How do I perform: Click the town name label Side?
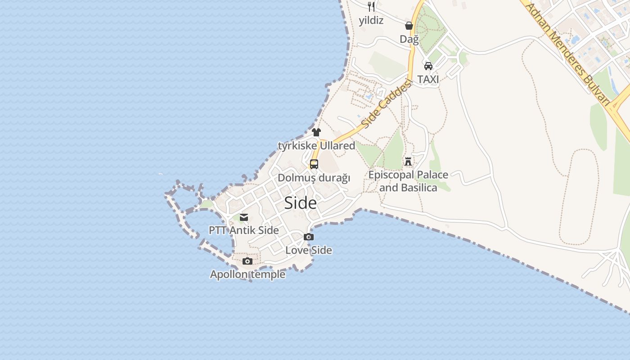300,203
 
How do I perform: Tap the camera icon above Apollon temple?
247,261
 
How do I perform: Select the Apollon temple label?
247,274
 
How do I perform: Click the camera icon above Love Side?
309,237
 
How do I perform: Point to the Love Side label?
309,250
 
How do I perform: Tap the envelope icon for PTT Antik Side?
244,218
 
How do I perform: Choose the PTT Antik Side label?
244,230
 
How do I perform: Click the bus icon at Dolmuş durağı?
314,164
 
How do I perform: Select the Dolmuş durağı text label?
314,178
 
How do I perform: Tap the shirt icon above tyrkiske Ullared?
316,132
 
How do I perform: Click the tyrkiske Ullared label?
316,146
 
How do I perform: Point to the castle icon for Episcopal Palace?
408,161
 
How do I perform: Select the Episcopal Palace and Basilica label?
408,181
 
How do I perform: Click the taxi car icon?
428,66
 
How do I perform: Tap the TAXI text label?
428,79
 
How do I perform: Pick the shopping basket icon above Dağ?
409,26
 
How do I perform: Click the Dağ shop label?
409,39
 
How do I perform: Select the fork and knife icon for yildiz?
371,6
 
